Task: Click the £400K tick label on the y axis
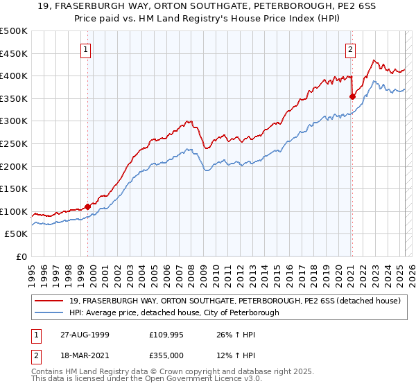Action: tap(14, 76)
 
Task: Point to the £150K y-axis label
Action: tap(14, 188)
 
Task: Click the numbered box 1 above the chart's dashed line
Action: tap(85, 49)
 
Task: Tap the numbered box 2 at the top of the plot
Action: tap(351, 49)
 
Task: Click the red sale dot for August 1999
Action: tap(88, 206)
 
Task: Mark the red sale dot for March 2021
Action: tap(352, 96)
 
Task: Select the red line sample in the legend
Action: tap(49, 301)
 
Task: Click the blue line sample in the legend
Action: tap(49, 312)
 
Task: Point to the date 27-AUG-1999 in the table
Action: tap(83, 334)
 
